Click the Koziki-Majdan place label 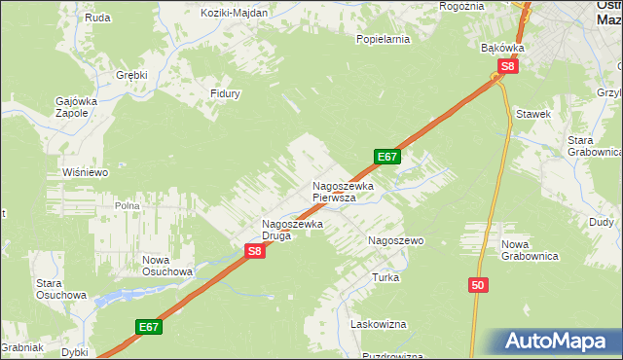pos(234,13)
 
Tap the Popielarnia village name pos(383,40)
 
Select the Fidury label pos(225,93)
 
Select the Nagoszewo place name pos(394,239)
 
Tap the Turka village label pos(385,277)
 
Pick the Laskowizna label pos(379,324)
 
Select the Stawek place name pos(534,114)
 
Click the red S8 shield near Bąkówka pos(507,66)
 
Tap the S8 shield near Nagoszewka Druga pos(254,250)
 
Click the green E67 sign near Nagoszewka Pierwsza pos(386,156)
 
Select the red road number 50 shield pos(477,284)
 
